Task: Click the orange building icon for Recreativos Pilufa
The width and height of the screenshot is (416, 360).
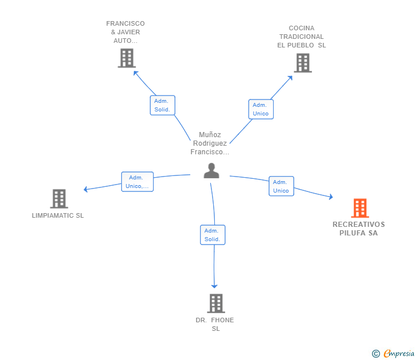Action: (x=360, y=208)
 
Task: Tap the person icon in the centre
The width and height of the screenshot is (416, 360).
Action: (x=211, y=171)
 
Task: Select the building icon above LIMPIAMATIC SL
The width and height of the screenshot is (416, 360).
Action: (x=59, y=199)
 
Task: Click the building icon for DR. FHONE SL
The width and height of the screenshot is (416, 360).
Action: (x=216, y=303)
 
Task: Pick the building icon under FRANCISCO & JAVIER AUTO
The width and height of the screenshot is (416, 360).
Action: (x=127, y=58)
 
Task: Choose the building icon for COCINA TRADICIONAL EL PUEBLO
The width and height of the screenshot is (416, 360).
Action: (x=303, y=63)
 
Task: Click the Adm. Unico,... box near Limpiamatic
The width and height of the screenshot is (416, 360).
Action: (x=137, y=182)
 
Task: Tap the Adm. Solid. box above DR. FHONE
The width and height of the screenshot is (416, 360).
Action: (x=213, y=235)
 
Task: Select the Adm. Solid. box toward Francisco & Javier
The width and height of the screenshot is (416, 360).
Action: (x=163, y=105)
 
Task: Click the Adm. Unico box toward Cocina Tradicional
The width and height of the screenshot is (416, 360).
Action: (x=261, y=109)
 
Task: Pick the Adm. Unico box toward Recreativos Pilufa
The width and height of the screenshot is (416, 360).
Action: (x=281, y=186)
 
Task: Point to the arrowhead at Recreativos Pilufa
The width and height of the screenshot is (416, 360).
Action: (x=331, y=197)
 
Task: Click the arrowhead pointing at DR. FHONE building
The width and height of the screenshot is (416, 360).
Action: (x=214, y=286)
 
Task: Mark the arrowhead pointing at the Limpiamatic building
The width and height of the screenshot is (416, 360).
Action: (x=86, y=189)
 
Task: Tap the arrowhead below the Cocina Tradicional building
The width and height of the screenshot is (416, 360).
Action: (x=290, y=78)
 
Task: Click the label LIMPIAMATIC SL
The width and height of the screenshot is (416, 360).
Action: (x=58, y=215)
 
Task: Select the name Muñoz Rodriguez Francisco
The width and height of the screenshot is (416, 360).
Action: (x=210, y=143)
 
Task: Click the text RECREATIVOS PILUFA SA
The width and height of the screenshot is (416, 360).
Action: (x=359, y=229)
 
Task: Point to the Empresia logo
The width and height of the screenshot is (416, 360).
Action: (x=399, y=354)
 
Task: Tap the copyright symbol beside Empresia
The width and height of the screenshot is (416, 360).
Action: (x=376, y=354)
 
